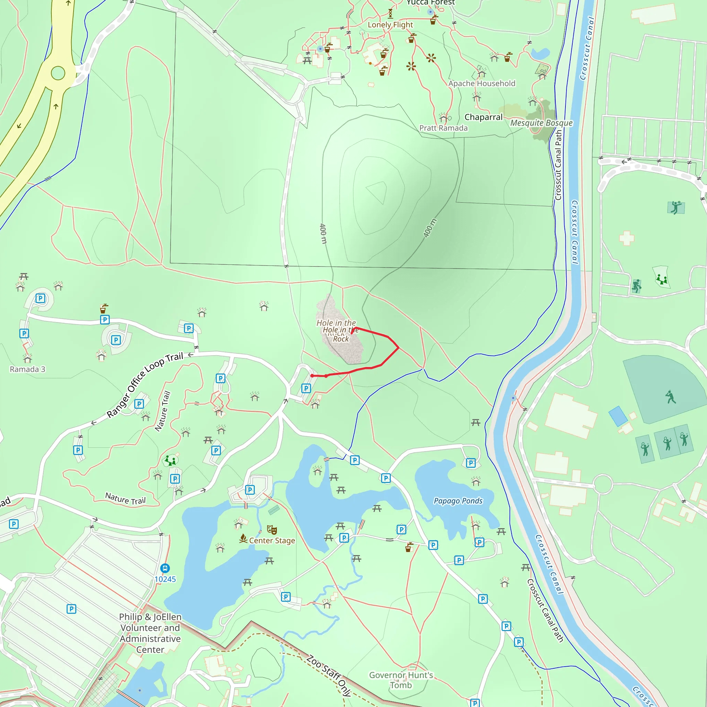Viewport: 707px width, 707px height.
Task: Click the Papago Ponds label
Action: [x=458, y=501]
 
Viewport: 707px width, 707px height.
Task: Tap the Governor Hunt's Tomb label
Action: [x=401, y=680]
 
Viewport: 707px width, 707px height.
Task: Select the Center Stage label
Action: [x=272, y=541]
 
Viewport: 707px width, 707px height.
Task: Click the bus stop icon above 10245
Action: [x=165, y=568]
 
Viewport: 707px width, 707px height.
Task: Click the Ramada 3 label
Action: [x=28, y=369]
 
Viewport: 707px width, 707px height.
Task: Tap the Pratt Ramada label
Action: [x=443, y=128]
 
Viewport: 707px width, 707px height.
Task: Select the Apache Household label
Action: [x=482, y=84]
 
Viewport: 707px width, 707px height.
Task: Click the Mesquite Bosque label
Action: [x=541, y=123]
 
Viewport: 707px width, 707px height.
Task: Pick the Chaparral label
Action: [x=483, y=117]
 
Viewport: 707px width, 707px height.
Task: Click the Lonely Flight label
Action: [x=390, y=25]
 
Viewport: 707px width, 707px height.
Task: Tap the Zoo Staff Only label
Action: [x=329, y=675]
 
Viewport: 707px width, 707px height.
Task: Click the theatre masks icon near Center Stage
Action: [x=272, y=530]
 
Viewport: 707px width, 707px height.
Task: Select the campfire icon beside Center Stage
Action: [x=243, y=538]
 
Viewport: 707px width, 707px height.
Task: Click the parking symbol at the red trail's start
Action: [x=306, y=388]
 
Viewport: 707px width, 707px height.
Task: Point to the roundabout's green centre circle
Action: [x=58, y=73]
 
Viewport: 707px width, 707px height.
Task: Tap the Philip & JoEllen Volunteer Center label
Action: [x=150, y=633]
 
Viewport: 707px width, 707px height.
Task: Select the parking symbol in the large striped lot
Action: [x=71, y=609]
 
